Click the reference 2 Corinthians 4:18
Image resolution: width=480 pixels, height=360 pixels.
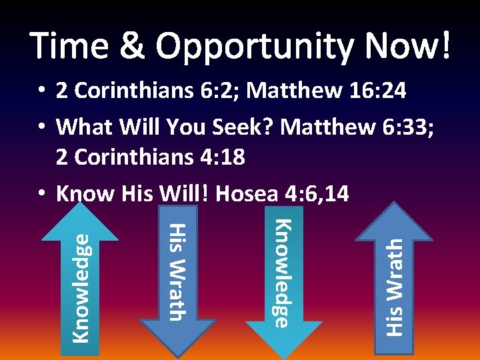point(151,157)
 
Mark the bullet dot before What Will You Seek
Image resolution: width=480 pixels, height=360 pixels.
point(41,125)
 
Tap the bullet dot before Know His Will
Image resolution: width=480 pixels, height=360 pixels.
point(41,194)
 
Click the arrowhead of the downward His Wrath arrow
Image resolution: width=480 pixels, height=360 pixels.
point(178,337)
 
